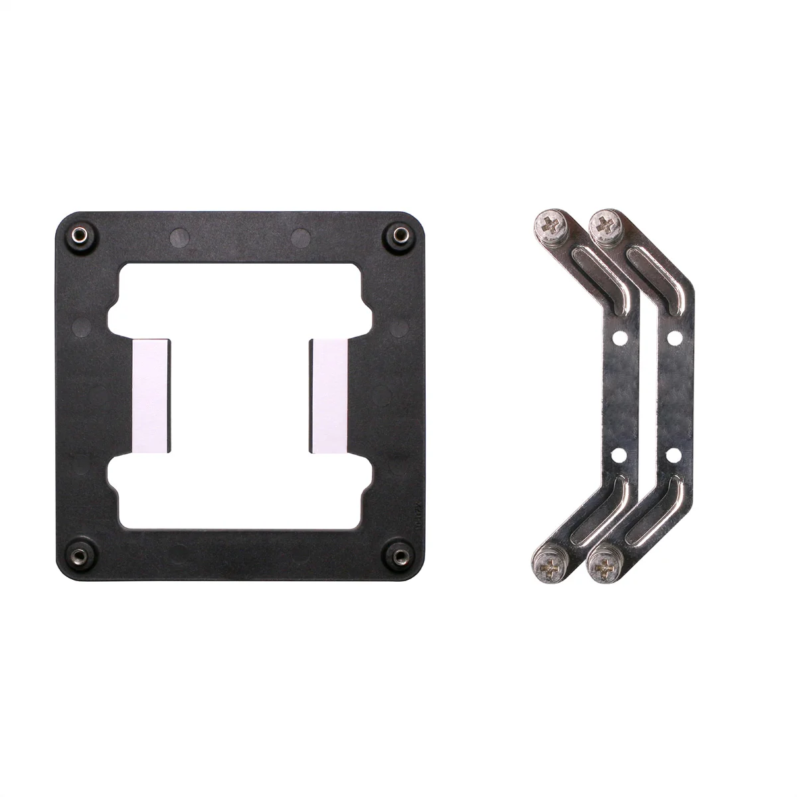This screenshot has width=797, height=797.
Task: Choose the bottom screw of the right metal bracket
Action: pos(606,566)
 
